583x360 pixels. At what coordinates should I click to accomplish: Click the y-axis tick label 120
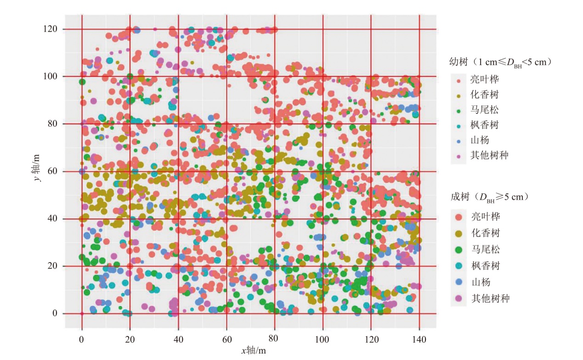coord(51,29)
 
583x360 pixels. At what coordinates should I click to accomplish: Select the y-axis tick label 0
coord(55,314)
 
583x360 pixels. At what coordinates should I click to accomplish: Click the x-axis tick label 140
coord(419,339)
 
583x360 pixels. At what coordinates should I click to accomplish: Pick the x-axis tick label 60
coord(226,339)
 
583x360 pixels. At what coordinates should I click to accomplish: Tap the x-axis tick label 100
coord(323,339)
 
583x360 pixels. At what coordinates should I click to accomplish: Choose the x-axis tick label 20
coord(130,339)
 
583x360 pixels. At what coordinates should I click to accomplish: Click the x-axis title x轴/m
coord(253,350)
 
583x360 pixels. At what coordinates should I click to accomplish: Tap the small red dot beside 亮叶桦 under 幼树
coord(458,79)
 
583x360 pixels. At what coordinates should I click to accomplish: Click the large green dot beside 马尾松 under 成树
coord(458,249)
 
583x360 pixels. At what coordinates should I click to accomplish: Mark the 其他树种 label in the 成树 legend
coord(491,298)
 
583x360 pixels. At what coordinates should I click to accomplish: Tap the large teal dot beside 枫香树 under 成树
coord(458,266)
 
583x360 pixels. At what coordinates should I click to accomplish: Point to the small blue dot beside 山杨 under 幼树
coord(458,140)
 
